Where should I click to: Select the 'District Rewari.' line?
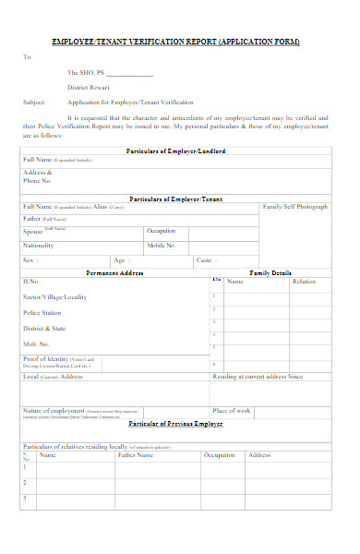pos(89,87)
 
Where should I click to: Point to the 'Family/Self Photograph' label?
pos(295,207)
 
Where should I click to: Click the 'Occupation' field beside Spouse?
pos(162,231)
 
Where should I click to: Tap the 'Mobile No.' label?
pos(162,247)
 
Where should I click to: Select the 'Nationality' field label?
pos(39,247)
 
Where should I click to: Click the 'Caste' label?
pos(205,260)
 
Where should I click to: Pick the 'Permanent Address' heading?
pos(114,273)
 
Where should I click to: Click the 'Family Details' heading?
pos(270,273)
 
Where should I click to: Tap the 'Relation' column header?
pos(304,282)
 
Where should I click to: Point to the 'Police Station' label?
pos(43,313)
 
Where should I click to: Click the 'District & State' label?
pos(44,328)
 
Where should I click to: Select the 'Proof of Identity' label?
pos(46,358)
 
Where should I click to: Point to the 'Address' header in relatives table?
pos(259,455)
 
